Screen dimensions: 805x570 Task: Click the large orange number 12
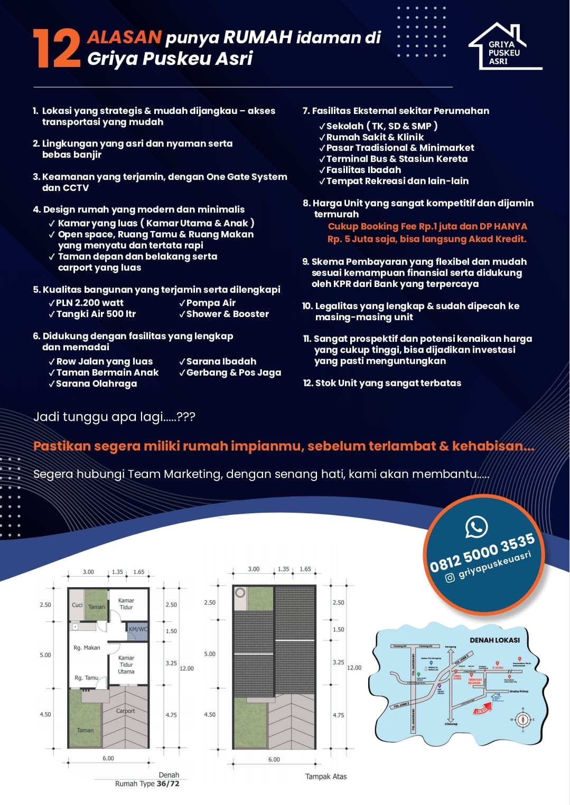click(x=56, y=49)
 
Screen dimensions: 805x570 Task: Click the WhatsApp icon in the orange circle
click(x=476, y=527)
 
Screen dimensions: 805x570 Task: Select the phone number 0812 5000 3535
click(x=482, y=553)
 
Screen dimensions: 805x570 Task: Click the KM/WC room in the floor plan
click(x=138, y=629)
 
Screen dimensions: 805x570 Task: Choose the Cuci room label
click(x=77, y=605)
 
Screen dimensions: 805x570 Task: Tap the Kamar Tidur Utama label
click(x=126, y=665)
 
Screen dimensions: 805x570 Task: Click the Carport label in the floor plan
click(x=125, y=711)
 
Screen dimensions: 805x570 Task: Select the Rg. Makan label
click(x=87, y=648)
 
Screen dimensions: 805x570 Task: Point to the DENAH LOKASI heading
click(x=494, y=640)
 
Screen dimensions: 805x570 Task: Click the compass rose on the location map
click(x=523, y=719)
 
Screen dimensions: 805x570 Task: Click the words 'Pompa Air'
click(x=211, y=303)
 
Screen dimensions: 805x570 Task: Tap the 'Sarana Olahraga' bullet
click(x=96, y=384)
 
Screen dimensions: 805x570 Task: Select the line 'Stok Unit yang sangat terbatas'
click(x=388, y=383)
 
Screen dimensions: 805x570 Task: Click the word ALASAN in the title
click(x=124, y=37)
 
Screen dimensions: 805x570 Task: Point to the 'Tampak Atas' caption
click(x=326, y=777)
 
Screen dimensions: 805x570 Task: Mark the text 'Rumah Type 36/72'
click(x=147, y=784)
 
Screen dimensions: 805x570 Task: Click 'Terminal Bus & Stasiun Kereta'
click(x=397, y=159)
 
